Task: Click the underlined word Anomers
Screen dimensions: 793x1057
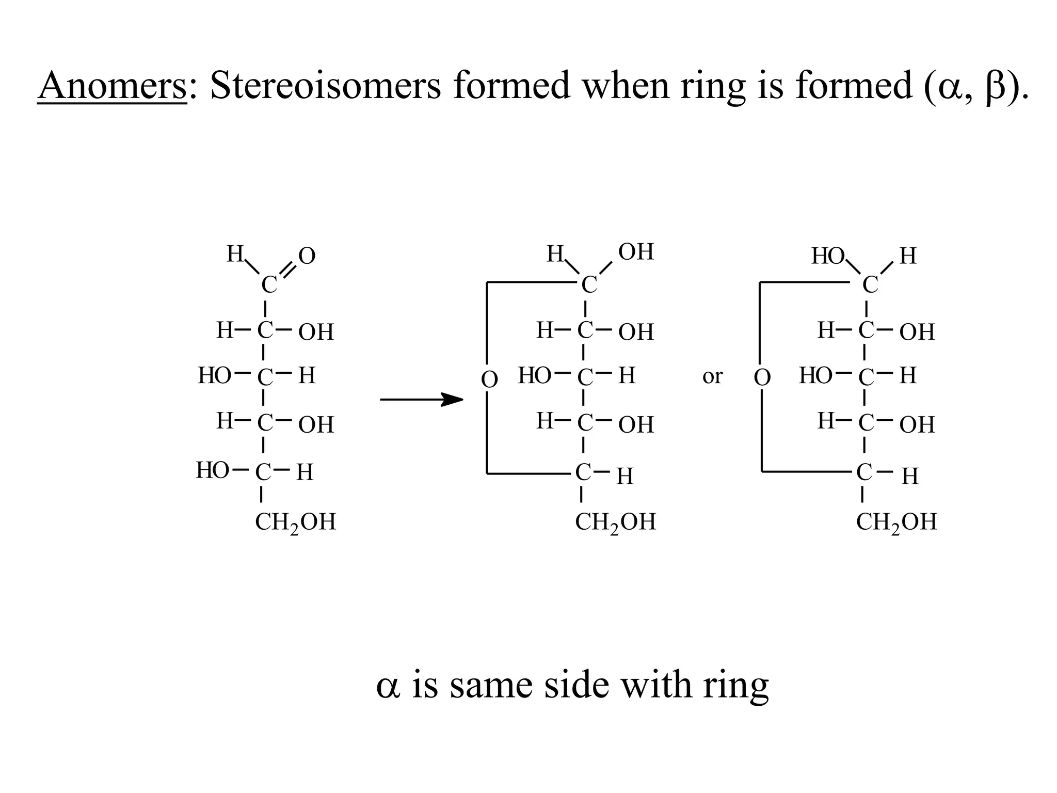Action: point(112,86)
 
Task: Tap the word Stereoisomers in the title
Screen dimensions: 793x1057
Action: point(325,86)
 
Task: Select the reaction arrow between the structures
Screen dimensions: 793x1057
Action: point(421,399)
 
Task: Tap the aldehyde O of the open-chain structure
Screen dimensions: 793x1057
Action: point(307,256)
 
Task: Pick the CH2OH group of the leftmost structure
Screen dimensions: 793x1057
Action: point(295,522)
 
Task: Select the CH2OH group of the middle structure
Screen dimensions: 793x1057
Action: point(615,522)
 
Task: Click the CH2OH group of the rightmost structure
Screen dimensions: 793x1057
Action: point(896,522)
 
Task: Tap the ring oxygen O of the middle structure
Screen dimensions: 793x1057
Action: point(489,379)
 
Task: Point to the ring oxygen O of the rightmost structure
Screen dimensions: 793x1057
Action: point(762,377)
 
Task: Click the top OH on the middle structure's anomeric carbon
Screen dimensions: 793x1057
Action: point(636,252)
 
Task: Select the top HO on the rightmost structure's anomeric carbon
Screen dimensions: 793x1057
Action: point(827,256)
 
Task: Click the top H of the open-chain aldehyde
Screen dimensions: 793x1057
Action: point(235,254)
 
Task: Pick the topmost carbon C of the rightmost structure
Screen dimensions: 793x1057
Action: point(870,284)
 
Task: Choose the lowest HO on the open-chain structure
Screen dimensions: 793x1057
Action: point(212,470)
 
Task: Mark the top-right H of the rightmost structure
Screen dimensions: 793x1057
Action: point(908,256)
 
